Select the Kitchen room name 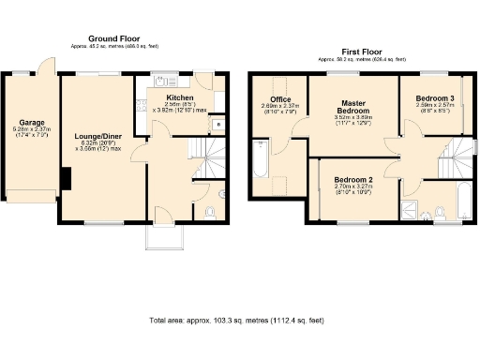(180, 97)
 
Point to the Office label (280, 99)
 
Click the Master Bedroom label (353, 106)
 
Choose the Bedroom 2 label (353, 179)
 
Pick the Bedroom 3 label (436, 98)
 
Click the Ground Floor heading (114, 38)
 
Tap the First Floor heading (360, 52)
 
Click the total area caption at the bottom (236, 321)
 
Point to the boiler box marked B (217, 122)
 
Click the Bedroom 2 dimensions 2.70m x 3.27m (353, 187)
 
